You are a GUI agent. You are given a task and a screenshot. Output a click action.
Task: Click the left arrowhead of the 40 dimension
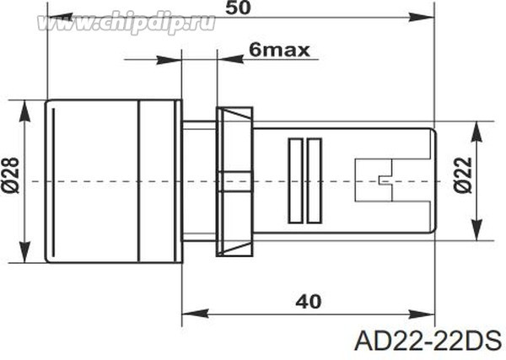pos(190,313)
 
